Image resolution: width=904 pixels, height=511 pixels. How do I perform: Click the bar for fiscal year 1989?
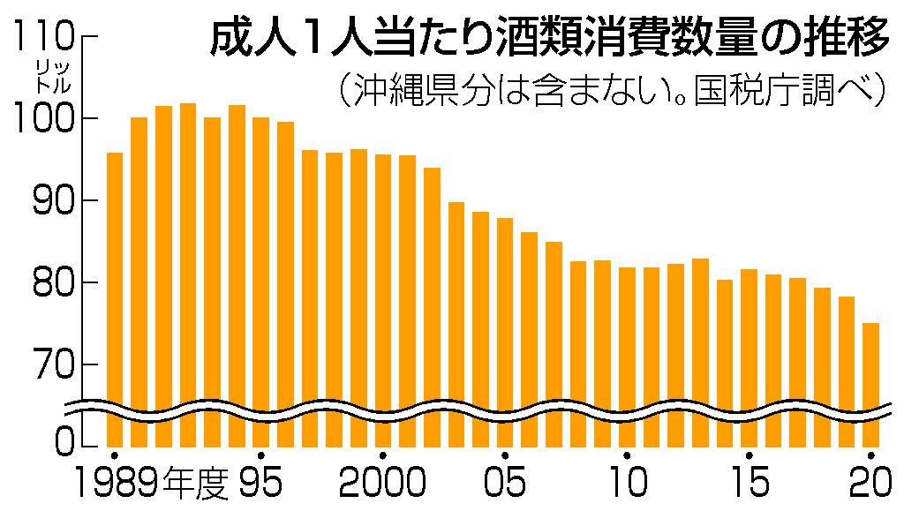click(114, 300)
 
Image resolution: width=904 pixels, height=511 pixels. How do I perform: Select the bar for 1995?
click(260, 282)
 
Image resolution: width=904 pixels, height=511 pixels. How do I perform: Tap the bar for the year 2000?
click(382, 301)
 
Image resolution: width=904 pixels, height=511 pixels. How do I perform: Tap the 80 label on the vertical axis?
click(49, 282)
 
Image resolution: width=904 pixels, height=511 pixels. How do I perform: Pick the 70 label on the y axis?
click(49, 364)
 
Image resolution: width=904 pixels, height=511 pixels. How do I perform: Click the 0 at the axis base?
click(62, 438)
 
